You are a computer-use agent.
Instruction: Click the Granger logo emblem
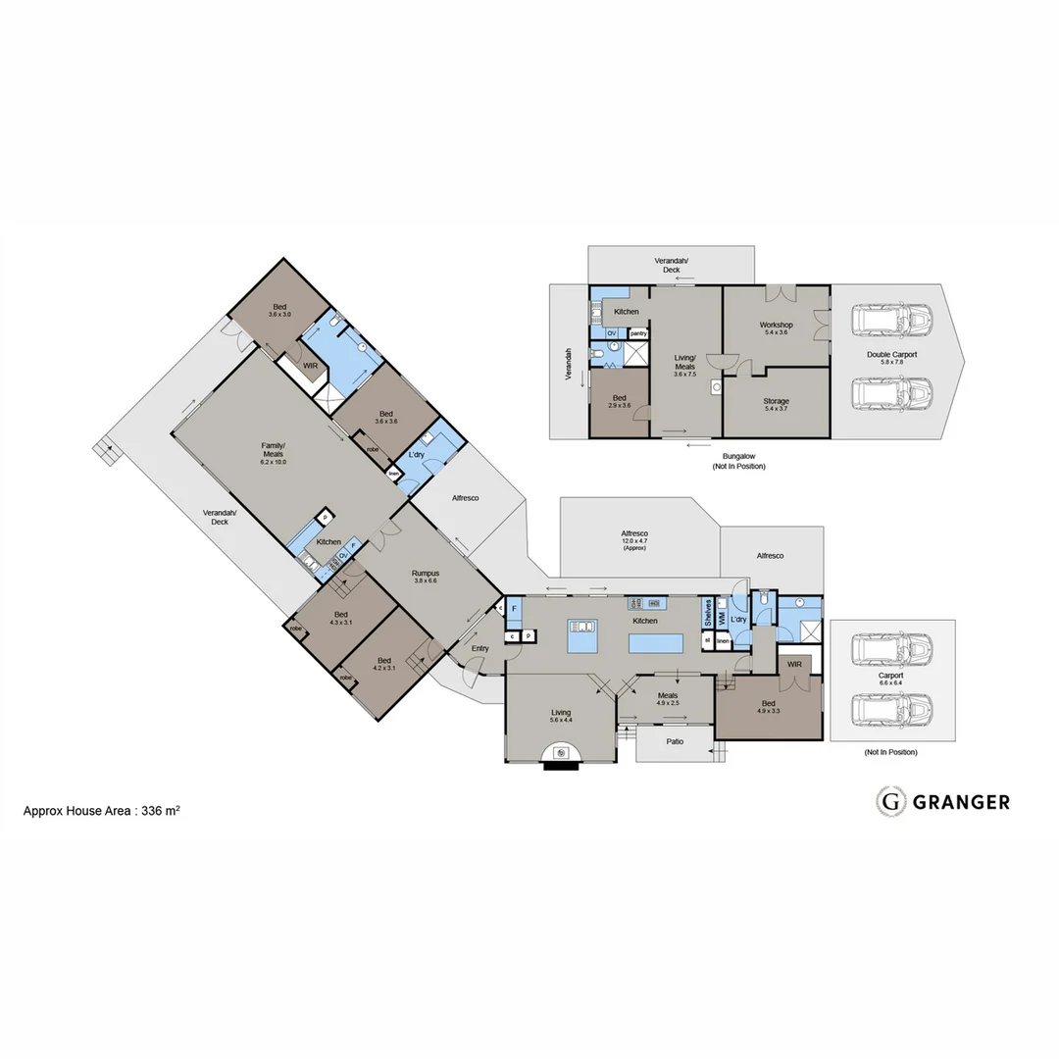pos(890,801)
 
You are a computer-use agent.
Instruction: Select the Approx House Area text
pos(101,811)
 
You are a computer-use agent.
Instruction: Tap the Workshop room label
pos(776,328)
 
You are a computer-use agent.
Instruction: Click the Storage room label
pos(776,405)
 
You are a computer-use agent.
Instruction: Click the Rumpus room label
pos(425,577)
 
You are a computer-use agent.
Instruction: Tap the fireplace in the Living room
pos(562,753)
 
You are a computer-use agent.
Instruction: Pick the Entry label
pos(479,648)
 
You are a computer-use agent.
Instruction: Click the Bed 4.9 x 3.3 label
pos(768,707)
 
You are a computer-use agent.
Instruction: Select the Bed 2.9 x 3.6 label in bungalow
pos(620,401)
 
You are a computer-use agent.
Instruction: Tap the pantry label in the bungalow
pos(637,333)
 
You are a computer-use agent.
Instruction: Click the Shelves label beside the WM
pos(707,613)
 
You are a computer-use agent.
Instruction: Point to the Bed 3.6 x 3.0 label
pos(279,310)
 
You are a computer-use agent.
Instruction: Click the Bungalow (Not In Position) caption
pos(738,461)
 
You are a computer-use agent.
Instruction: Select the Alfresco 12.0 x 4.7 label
pos(634,538)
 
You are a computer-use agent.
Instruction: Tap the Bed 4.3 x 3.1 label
pos(340,618)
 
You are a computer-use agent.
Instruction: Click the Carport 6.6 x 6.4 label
pos(890,679)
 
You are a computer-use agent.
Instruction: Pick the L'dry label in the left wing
pos(416,456)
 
